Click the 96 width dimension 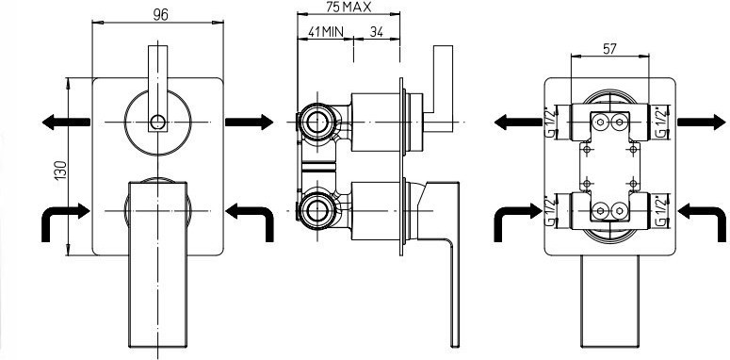(x=160, y=15)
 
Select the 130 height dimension (x=61, y=171)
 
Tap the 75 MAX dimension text (x=349, y=7)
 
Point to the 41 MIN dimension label (x=326, y=32)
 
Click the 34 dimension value (x=376, y=32)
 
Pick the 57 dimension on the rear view (x=609, y=48)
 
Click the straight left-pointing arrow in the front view (x=66, y=122)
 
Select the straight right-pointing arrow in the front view (x=249, y=122)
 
